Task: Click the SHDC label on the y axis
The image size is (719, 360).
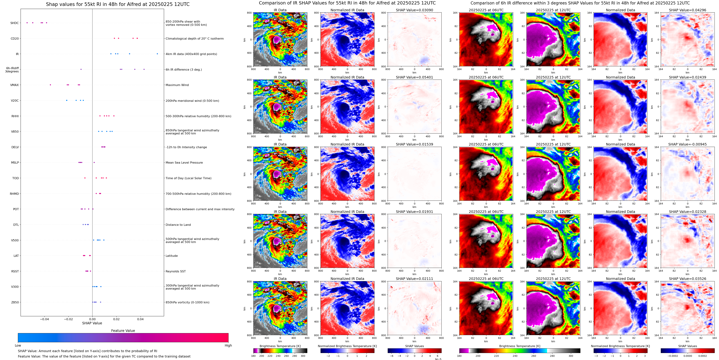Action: pos(15,23)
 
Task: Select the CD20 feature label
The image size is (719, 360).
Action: pos(15,39)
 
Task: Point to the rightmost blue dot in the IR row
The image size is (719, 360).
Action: pos(157,54)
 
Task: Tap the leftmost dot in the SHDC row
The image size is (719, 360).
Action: pos(27,23)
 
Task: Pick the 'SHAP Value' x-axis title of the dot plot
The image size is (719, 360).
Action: pos(92,323)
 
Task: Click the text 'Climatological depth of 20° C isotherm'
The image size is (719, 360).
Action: pos(194,39)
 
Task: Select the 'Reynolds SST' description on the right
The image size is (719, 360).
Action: pos(175,271)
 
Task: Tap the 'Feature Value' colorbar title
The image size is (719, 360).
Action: pos(123,331)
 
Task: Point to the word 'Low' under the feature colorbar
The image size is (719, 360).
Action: pos(18,345)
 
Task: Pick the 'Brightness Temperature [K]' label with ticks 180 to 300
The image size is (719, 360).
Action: pos(280,346)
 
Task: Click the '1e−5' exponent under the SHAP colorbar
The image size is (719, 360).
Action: pos(438,359)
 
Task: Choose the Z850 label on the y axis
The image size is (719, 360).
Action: pos(15,302)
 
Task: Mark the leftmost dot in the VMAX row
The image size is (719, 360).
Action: pos(50,85)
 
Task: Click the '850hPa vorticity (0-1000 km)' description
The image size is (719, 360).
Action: pos(187,302)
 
